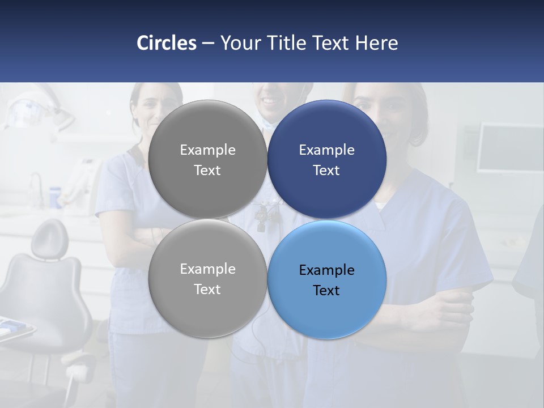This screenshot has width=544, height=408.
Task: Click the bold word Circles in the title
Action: tap(167, 43)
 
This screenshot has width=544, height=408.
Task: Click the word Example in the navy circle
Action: tap(326, 150)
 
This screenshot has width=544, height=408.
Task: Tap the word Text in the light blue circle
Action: tap(326, 290)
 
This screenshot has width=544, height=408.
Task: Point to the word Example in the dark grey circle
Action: tap(207, 150)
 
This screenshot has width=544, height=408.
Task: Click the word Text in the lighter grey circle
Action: tap(207, 289)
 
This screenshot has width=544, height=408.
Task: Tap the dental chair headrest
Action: tap(49, 238)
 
